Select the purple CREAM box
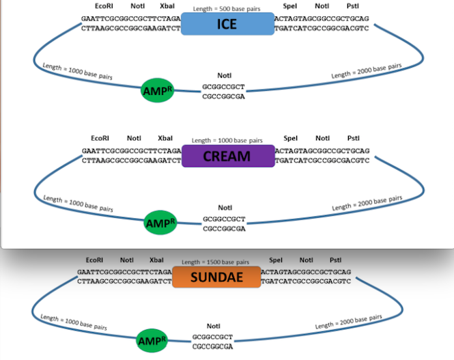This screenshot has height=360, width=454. coord(228,156)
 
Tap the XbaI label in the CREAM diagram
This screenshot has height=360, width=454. coord(165,138)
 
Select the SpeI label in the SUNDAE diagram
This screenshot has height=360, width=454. coord(276,260)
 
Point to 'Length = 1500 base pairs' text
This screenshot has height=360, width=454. coord(216,262)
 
